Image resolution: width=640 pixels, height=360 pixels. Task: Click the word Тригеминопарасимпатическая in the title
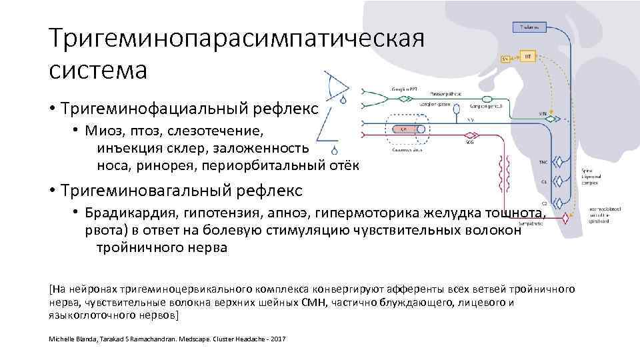(x=237, y=39)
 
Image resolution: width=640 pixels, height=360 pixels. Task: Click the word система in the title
(x=98, y=69)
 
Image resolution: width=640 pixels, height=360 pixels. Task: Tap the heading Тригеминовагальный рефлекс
(x=181, y=191)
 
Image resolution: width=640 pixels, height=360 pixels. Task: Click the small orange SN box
(x=505, y=59)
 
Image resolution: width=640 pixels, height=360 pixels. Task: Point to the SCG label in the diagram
(x=469, y=141)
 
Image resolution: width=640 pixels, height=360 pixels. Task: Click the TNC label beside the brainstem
(x=543, y=162)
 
